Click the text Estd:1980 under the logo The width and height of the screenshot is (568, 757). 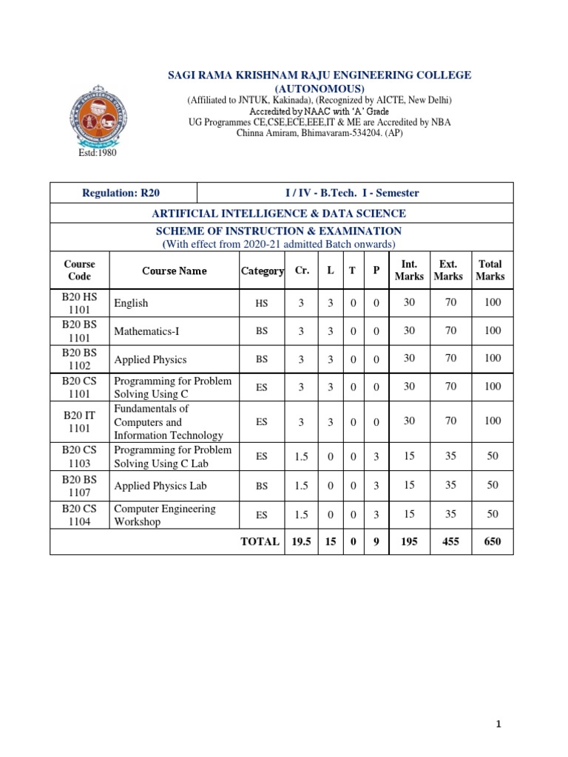pos(98,153)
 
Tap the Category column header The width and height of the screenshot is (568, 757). pos(262,271)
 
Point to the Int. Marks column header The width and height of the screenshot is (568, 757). pos(409,270)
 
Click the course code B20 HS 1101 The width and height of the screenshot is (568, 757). pos(79,303)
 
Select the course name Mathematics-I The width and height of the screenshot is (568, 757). pos(146,332)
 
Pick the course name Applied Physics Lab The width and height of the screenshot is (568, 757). pos(160,486)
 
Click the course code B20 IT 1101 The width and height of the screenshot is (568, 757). pos(79,421)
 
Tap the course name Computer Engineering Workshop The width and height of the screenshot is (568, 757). pos(165,515)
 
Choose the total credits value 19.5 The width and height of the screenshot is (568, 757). pos(301,541)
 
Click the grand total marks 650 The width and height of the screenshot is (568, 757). pos(493,541)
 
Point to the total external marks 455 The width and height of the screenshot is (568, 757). pos(449,541)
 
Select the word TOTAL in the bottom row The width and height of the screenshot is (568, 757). pos(260,541)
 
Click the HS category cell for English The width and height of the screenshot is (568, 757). pos(262,303)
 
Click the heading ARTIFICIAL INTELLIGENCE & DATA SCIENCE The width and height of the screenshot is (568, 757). pos(279,214)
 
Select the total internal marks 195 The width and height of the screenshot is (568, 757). pos(409,541)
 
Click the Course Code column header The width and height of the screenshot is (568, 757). pos(79,270)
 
